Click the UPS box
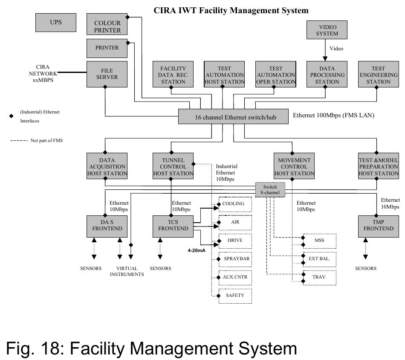[55, 23]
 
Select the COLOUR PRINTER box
[107, 26]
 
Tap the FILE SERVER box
[107, 73]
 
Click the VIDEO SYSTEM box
[327, 30]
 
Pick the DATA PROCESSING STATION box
[327, 75]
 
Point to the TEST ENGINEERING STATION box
[378, 75]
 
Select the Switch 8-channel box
[270, 190]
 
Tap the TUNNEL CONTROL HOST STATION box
[173, 166]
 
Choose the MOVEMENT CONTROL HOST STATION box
[294, 166]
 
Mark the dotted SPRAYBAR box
[235, 259]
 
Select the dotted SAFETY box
[235, 295]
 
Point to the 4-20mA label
[197, 250]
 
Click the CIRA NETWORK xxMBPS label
[43, 73]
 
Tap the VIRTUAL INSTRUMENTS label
[127, 271]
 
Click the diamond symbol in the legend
[11, 116]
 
